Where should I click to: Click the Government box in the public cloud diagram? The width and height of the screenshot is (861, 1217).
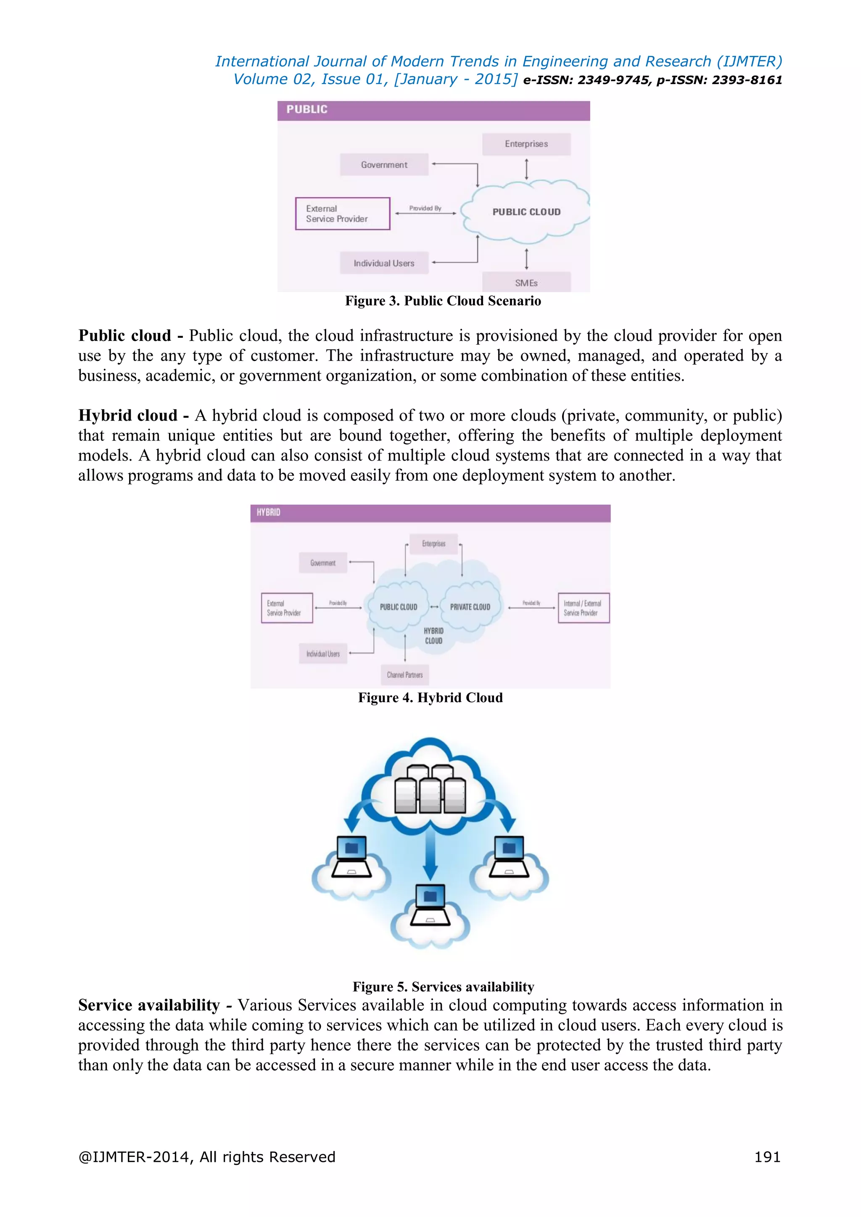pos(384,165)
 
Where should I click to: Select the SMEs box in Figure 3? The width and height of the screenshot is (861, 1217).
pos(526,282)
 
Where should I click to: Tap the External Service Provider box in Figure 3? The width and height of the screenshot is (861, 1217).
pos(343,213)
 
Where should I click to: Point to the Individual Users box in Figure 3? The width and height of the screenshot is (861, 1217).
pos(384,263)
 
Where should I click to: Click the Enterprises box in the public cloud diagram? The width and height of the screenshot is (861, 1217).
pos(526,144)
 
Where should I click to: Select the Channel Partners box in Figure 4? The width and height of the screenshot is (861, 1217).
pos(404,675)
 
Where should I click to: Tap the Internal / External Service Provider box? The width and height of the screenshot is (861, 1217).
pos(583,608)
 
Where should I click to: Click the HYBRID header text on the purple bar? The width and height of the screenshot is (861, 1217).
pos(268,512)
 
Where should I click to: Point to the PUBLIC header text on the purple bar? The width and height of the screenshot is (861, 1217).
pos(307,109)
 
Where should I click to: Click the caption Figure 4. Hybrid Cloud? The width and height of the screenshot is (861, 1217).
pos(430,698)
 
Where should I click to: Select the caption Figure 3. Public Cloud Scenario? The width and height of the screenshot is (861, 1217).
pos(443,301)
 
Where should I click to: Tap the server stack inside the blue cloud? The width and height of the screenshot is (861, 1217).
pos(430,789)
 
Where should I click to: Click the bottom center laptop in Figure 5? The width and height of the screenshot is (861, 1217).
pos(430,904)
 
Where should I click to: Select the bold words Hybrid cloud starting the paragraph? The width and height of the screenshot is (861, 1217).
pos(128,416)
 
